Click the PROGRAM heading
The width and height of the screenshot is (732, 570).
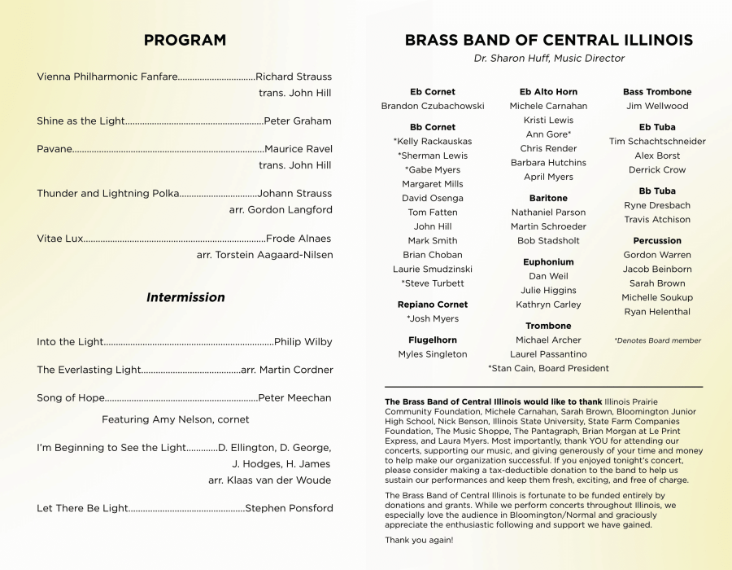[x=185, y=40]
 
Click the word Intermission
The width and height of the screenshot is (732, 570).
[x=185, y=297]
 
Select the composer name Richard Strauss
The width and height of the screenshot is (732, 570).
[x=294, y=77]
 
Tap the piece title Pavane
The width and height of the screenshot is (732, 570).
[x=54, y=149]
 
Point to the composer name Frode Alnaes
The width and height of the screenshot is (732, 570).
[x=298, y=239]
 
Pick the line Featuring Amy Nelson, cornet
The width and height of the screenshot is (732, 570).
[x=175, y=419]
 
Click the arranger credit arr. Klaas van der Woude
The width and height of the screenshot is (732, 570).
[x=269, y=480]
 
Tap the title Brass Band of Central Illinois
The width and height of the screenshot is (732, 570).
[x=549, y=40]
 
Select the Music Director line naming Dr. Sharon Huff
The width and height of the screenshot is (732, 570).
[x=549, y=59]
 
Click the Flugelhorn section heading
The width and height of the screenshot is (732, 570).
[x=432, y=340]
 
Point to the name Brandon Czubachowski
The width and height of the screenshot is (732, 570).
[x=432, y=106]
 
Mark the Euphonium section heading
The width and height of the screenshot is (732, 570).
[x=548, y=262]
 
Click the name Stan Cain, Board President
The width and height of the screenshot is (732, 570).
[x=548, y=368]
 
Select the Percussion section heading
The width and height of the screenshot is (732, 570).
[x=657, y=240]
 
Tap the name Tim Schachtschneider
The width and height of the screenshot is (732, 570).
[x=657, y=141]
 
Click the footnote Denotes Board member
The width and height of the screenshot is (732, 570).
[x=657, y=340]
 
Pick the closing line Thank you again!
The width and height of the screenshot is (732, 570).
[x=419, y=540]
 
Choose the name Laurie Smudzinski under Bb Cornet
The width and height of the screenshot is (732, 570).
[x=432, y=269]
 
